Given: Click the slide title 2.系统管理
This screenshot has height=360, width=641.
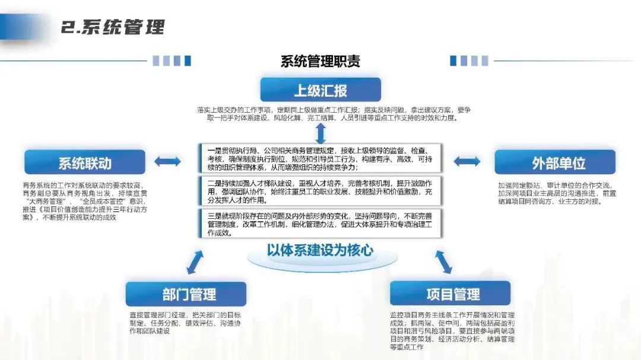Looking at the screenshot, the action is pos(113,27).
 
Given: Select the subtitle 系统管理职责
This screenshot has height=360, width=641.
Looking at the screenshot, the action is pos(320,61).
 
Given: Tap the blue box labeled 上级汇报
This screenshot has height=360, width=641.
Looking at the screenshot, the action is pos(320,91).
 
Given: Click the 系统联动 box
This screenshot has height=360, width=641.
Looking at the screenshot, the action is pos(84,163).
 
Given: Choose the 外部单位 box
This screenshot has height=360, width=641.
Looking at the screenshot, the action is pos(555,163).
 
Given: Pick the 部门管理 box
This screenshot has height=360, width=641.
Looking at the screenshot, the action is pos(186,294).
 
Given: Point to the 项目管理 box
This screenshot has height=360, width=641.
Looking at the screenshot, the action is pos(450,294).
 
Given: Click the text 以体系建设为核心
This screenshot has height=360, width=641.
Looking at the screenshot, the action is pos(320,250).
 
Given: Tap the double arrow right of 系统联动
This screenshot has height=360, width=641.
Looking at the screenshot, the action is pos(167,161).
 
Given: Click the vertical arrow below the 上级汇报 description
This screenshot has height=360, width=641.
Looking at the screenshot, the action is pos(320,132).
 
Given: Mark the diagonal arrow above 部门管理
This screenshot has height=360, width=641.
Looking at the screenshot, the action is pos(195,262).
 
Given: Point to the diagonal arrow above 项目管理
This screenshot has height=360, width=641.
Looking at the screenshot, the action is pos(443,262).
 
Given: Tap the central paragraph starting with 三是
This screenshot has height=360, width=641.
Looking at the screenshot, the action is pos(320,223).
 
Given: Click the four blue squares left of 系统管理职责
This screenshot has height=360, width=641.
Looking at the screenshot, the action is pos(172,60).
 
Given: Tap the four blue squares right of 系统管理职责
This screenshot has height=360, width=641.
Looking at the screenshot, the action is pos(469,60).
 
